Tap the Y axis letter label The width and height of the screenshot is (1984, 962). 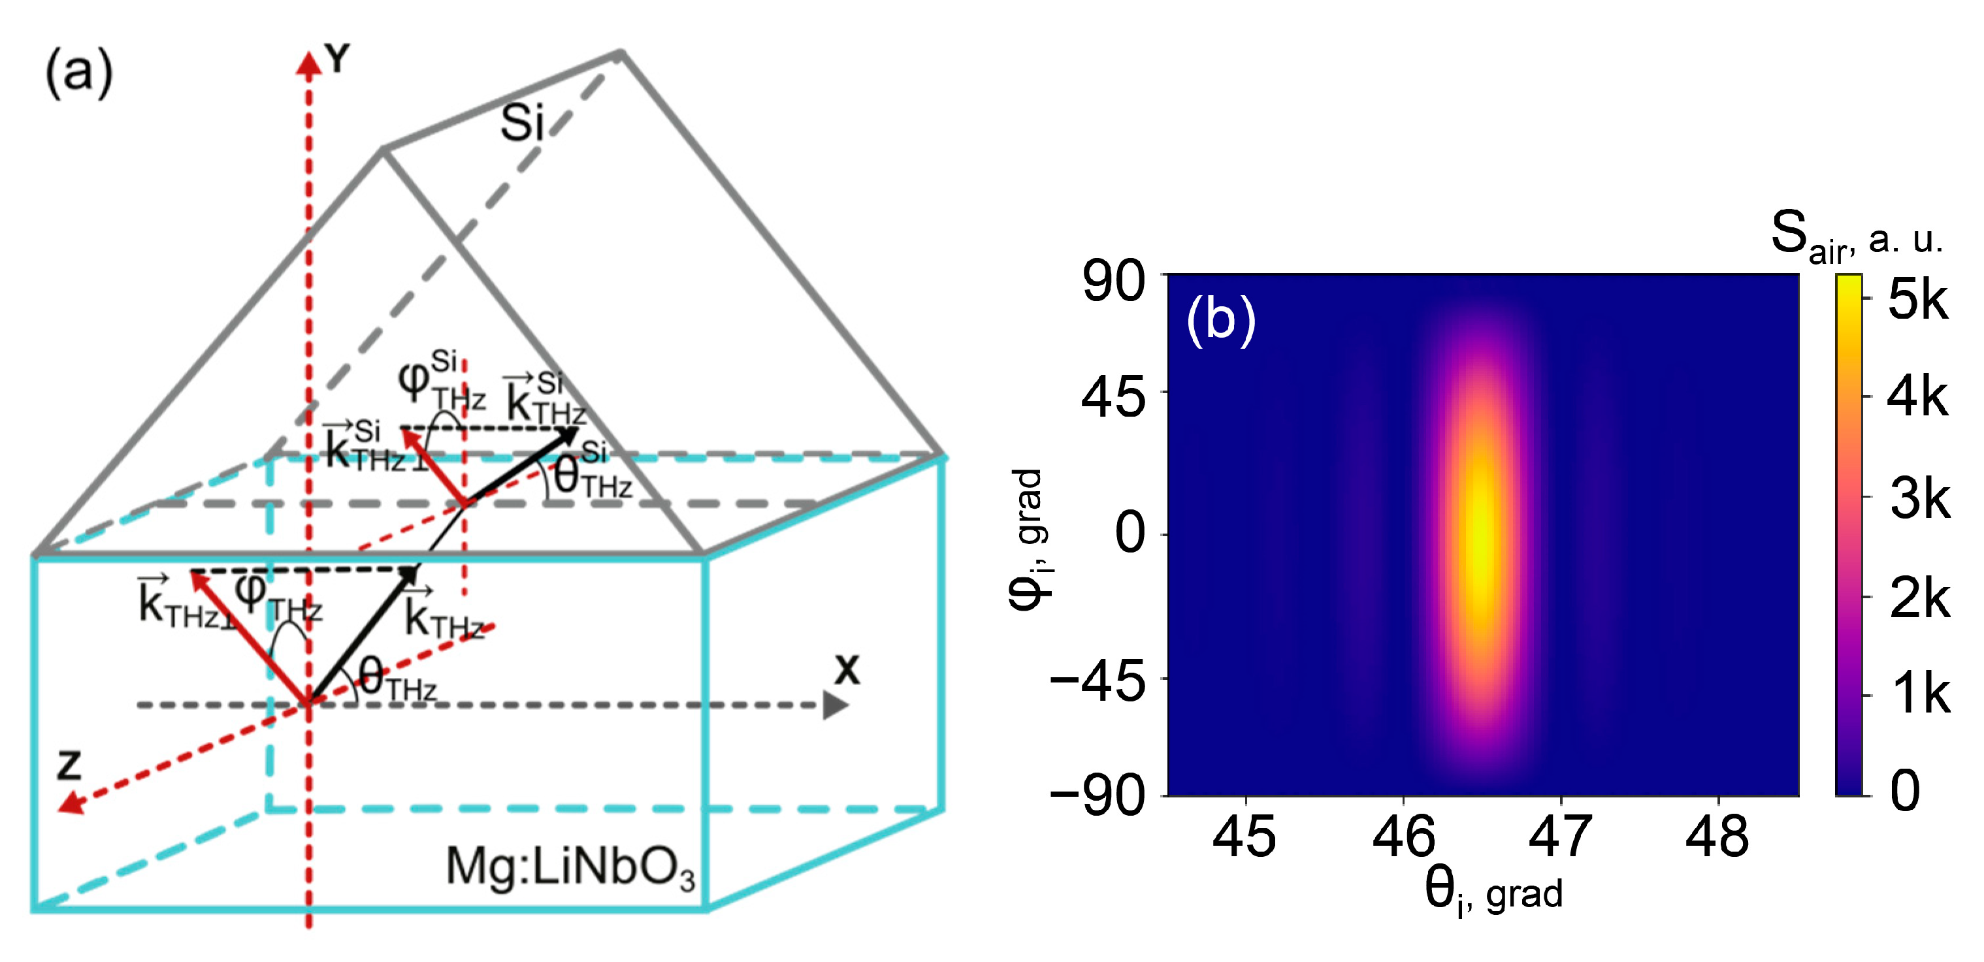[336, 59]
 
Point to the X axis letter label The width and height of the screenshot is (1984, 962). [847, 670]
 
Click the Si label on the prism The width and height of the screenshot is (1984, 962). [522, 123]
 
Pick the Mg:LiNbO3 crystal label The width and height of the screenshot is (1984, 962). [570, 867]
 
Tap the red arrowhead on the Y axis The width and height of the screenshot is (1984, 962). [309, 65]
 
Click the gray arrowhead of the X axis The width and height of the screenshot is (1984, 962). [835, 705]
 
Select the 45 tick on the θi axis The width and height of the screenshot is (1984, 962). [1244, 837]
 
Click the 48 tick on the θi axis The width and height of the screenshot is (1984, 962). [1717, 837]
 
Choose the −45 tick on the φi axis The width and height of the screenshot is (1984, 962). [1098, 681]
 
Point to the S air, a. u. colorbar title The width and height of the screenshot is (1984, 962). [1856, 235]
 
